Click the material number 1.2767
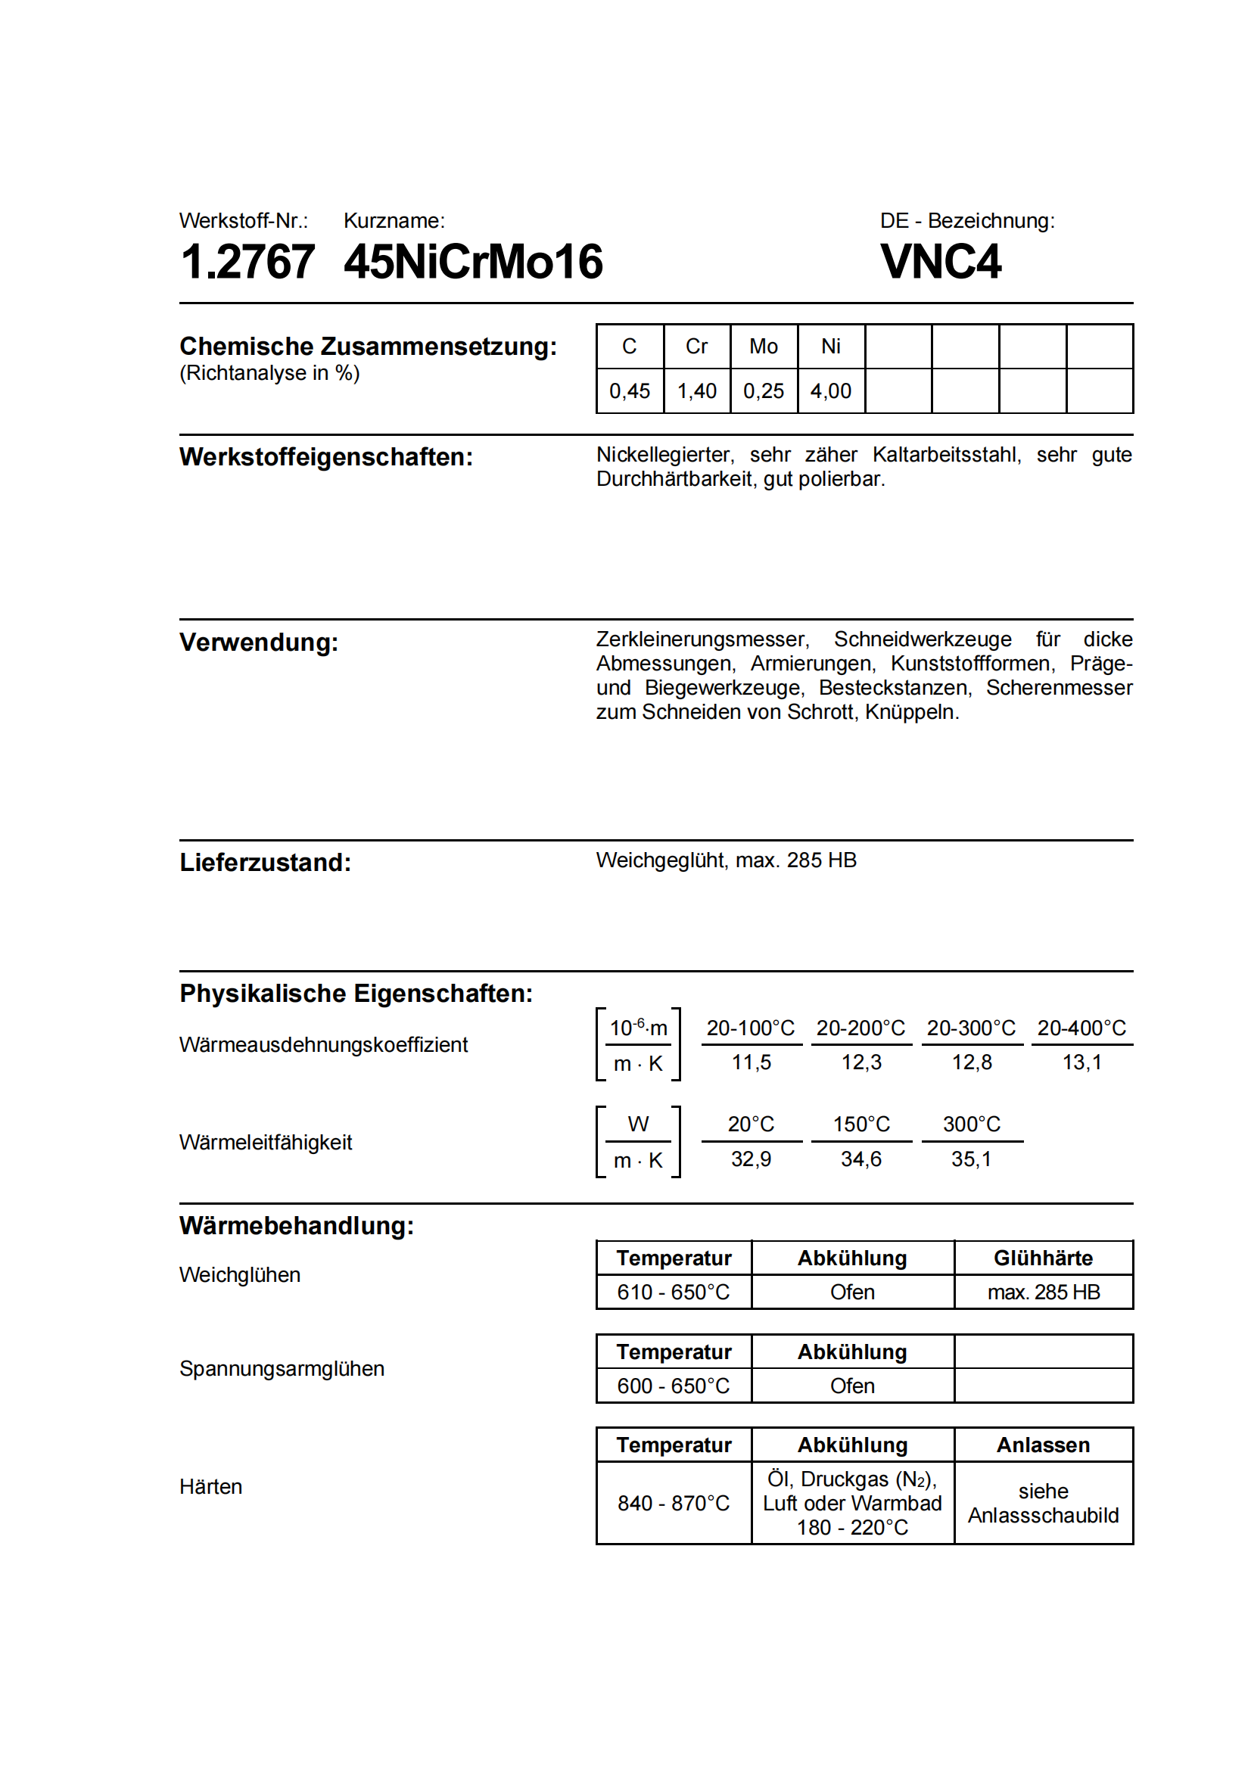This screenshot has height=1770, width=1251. pyautogui.click(x=247, y=262)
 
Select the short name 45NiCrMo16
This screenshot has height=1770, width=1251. pyautogui.click(x=472, y=262)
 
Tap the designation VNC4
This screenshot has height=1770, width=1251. pyautogui.click(x=941, y=262)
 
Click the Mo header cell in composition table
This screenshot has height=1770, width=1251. pyautogui.click(x=763, y=346)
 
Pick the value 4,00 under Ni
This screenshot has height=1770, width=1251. pyautogui.click(x=830, y=390)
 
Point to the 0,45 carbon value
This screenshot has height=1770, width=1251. pyautogui.click(x=629, y=390)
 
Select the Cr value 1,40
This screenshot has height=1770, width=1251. pyautogui.click(x=696, y=390)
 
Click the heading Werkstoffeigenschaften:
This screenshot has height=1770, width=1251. pyautogui.click(x=326, y=457)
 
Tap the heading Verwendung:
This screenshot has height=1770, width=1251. pyautogui.click(x=259, y=642)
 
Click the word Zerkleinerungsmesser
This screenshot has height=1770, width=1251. pyautogui.click(x=702, y=639)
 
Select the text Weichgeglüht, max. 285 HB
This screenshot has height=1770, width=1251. pyautogui.click(x=726, y=860)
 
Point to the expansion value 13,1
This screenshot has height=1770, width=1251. pyautogui.click(x=1081, y=1062)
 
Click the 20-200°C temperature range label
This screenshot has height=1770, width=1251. pyautogui.click(x=860, y=1028)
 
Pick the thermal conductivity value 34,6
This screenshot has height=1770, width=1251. pyautogui.click(x=860, y=1159)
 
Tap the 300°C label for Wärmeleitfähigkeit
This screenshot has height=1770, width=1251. pyautogui.click(x=971, y=1124)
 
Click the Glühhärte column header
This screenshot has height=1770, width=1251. pyautogui.click(x=1043, y=1258)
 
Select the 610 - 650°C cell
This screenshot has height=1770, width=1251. pyautogui.click(x=673, y=1292)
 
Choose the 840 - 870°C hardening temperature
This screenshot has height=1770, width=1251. pyautogui.click(x=673, y=1504)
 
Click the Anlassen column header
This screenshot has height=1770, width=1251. pyautogui.click(x=1043, y=1445)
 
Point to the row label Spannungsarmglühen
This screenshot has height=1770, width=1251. pyautogui.click(x=282, y=1368)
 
